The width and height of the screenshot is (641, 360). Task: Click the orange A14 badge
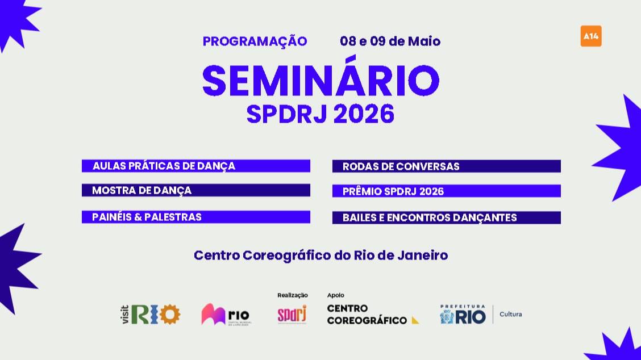coord(591,36)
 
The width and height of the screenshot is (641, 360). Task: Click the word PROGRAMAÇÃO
coord(255,41)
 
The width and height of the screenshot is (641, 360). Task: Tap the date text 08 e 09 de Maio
coord(390,41)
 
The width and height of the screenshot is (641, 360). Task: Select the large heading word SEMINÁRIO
coord(320,81)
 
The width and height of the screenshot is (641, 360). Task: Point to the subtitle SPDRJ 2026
coord(320,114)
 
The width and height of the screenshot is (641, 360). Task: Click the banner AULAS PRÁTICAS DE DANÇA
coord(195,166)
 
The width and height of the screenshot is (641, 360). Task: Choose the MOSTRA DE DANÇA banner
coord(195,190)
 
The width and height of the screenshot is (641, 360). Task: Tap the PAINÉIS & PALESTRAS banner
coord(195,217)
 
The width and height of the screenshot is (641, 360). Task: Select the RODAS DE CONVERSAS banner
coord(446,166)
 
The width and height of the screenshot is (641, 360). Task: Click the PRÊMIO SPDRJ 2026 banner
coord(446,191)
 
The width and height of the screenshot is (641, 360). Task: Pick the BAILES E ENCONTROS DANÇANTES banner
coord(446,217)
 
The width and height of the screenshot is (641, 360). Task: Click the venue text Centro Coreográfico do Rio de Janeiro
coord(320,255)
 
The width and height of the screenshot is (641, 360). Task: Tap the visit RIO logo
coord(150,314)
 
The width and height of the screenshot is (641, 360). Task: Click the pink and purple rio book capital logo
coord(226,315)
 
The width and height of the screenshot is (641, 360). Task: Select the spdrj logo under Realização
coord(292,314)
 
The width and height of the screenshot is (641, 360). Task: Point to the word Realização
coord(292,295)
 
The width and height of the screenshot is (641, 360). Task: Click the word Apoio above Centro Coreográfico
coord(335,295)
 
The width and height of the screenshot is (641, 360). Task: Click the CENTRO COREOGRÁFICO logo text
coord(369,315)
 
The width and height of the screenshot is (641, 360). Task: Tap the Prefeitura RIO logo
coord(463,314)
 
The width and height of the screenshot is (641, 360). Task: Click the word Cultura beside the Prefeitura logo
coord(510,314)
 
